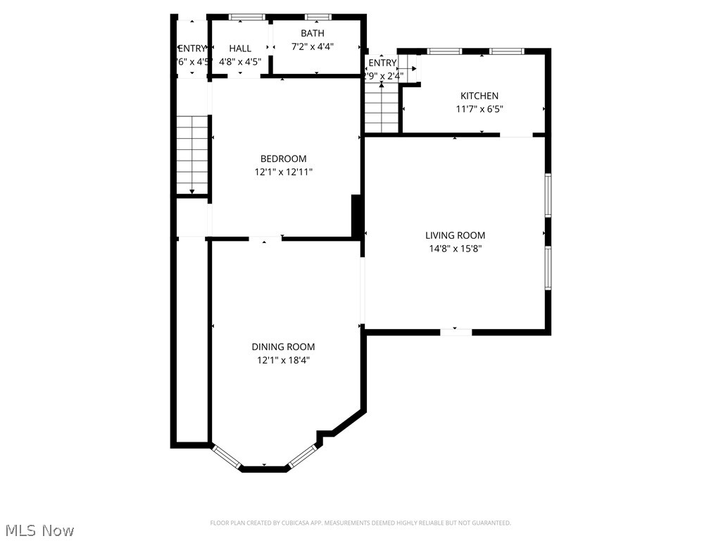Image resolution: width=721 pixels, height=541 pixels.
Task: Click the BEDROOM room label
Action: (x=283, y=158)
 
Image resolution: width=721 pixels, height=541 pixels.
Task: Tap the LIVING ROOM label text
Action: (x=455, y=235)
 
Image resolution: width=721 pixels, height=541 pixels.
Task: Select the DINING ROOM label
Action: (x=283, y=347)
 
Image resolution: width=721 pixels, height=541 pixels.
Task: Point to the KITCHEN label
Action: (x=479, y=96)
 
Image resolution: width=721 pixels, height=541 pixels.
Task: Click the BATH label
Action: (x=312, y=33)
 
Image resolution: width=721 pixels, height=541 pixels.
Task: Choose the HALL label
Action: (x=240, y=49)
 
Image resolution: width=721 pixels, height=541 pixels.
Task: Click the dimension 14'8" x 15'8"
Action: (x=455, y=249)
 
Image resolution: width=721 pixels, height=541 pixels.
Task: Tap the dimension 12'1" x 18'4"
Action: (x=283, y=360)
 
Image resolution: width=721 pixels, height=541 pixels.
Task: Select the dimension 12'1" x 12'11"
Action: (x=283, y=172)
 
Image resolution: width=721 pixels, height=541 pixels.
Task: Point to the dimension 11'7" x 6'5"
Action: (x=479, y=109)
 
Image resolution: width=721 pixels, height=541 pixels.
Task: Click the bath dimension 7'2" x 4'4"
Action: (x=312, y=46)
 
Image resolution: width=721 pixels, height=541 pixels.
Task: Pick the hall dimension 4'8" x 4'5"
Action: (x=240, y=61)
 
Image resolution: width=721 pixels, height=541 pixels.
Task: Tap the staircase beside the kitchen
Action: (x=382, y=107)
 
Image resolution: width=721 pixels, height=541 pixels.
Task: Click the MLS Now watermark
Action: (x=39, y=530)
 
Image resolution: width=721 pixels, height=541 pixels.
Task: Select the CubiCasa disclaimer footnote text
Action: (x=360, y=523)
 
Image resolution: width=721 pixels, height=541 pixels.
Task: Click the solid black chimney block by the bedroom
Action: (x=357, y=216)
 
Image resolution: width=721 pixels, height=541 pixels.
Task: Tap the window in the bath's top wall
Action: (x=318, y=16)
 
